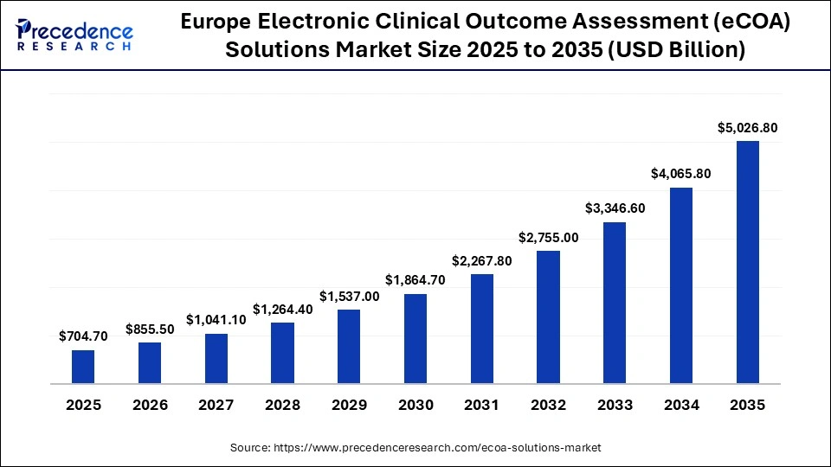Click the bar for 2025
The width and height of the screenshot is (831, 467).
click(83, 366)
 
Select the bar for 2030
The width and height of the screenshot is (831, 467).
click(415, 338)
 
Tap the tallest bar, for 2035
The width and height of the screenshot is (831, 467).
click(747, 261)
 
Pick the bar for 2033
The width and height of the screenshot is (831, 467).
click(615, 302)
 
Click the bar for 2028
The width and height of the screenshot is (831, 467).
click(282, 352)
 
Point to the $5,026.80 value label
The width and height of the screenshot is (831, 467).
click(747, 128)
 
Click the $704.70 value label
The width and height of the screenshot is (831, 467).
click(83, 336)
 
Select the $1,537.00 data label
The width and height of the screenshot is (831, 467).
click(349, 297)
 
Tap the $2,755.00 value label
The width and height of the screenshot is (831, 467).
click(548, 237)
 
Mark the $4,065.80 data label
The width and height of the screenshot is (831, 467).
click(681, 174)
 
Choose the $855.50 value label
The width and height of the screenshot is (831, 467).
click(150, 329)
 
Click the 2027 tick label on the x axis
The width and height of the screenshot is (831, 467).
click(216, 405)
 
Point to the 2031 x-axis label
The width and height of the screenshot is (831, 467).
click(482, 405)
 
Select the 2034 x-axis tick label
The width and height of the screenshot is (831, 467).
click(681, 405)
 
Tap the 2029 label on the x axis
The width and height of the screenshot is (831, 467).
click(349, 405)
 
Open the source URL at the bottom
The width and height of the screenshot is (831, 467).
click(415, 447)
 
